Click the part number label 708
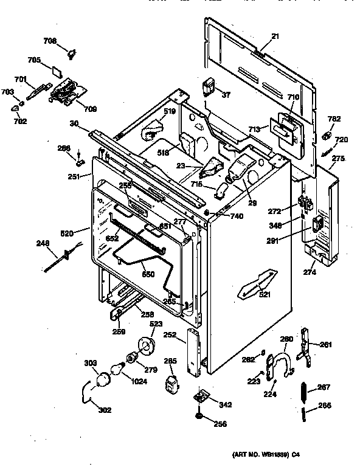[x=49, y=41]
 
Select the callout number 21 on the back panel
[x=275, y=37]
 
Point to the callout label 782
[x=334, y=119]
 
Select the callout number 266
[x=325, y=406]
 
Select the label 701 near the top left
[x=20, y=78]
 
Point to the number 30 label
[x=74, y=123]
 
